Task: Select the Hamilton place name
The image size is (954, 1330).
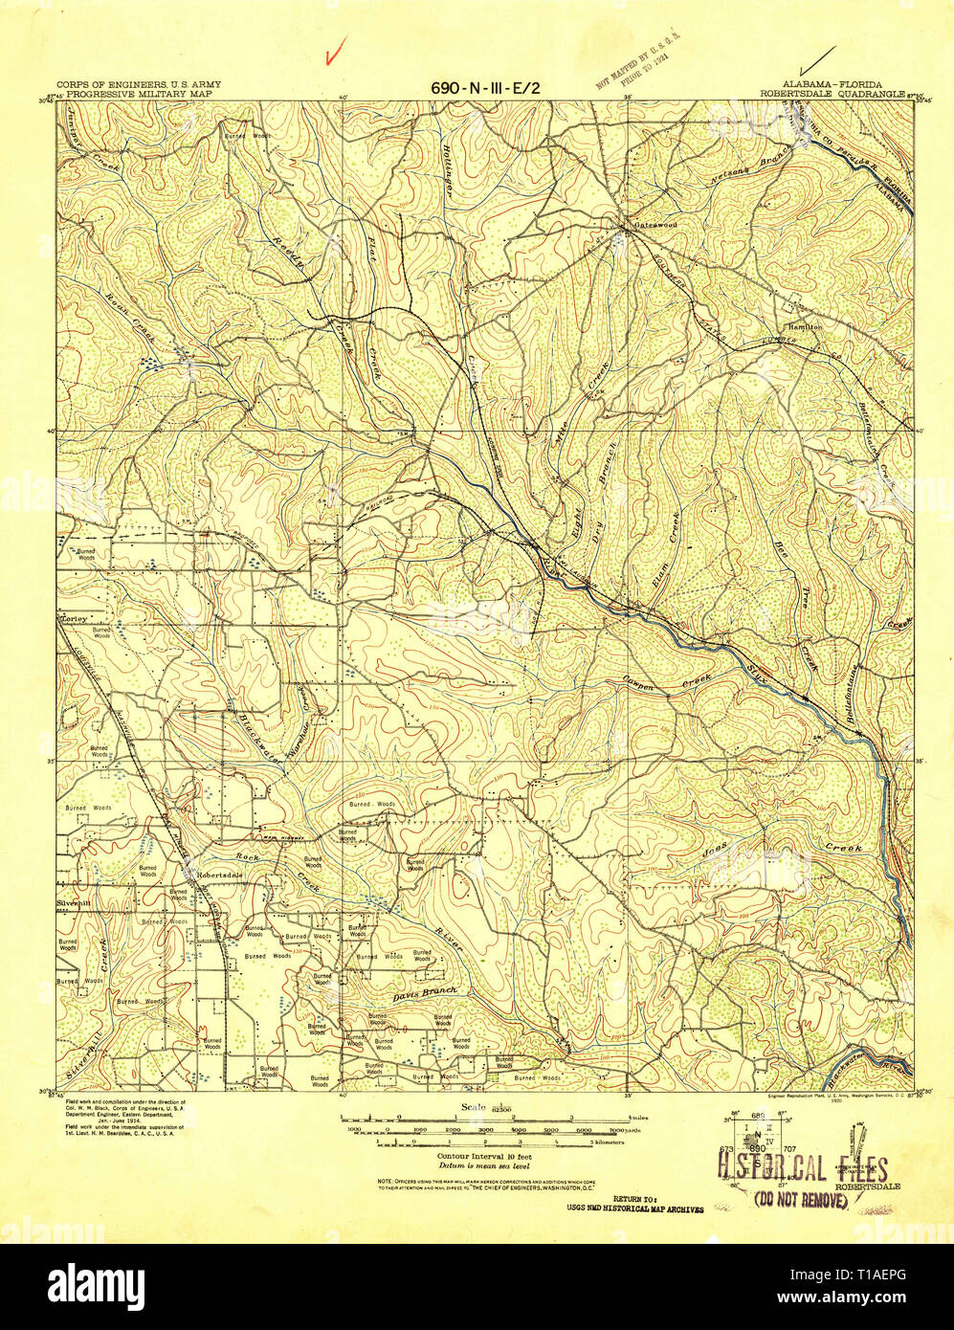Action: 805,326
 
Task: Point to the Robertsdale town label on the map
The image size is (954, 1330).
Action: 219,874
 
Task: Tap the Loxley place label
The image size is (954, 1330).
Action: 75,618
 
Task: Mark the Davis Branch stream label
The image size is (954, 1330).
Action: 425,993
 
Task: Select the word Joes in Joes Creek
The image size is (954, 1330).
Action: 715,848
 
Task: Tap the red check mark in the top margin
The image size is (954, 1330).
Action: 334,54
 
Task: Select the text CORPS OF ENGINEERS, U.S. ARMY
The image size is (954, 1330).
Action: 138,84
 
